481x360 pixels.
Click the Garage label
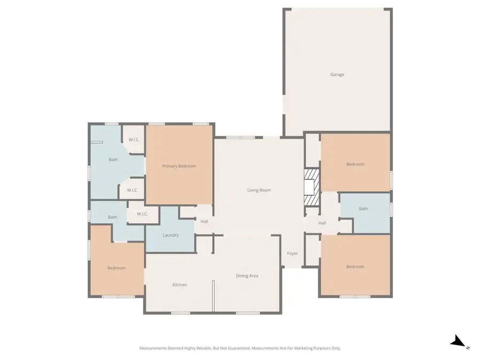point(337,75)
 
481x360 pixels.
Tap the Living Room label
point(259,190)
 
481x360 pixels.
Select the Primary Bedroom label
point(179,166)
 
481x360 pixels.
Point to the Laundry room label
point(170,235)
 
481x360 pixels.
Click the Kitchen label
point(180,285)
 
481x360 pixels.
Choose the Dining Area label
point(247,276)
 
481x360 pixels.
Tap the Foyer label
point(292,253)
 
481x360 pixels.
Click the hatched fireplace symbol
point(311,187)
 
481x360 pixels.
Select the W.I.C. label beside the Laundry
point(142,214)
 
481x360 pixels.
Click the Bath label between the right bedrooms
point(363,209)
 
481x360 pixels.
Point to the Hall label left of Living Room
point(204,222)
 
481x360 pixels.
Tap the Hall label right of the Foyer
point(322,223)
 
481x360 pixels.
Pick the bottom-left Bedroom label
point(116,268)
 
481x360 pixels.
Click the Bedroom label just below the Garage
point(355,164)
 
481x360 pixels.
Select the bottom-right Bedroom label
point(355,267)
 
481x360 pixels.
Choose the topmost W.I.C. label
point(134,140)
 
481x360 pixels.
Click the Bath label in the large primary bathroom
point(113,160)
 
